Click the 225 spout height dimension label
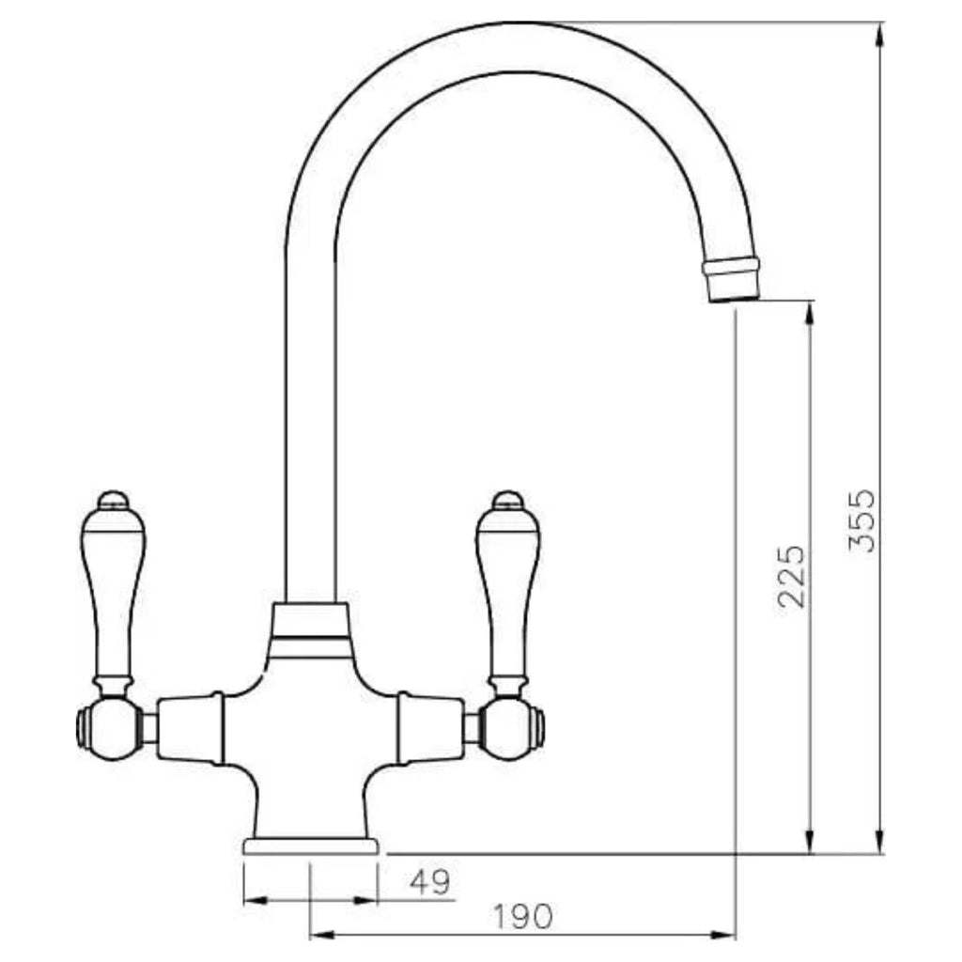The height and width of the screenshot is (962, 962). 791,576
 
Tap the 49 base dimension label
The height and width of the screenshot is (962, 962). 430,883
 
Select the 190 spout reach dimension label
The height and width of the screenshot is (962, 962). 522,917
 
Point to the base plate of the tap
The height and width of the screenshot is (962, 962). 311,846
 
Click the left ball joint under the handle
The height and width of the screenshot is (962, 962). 111,728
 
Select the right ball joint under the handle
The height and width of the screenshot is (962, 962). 510,728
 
